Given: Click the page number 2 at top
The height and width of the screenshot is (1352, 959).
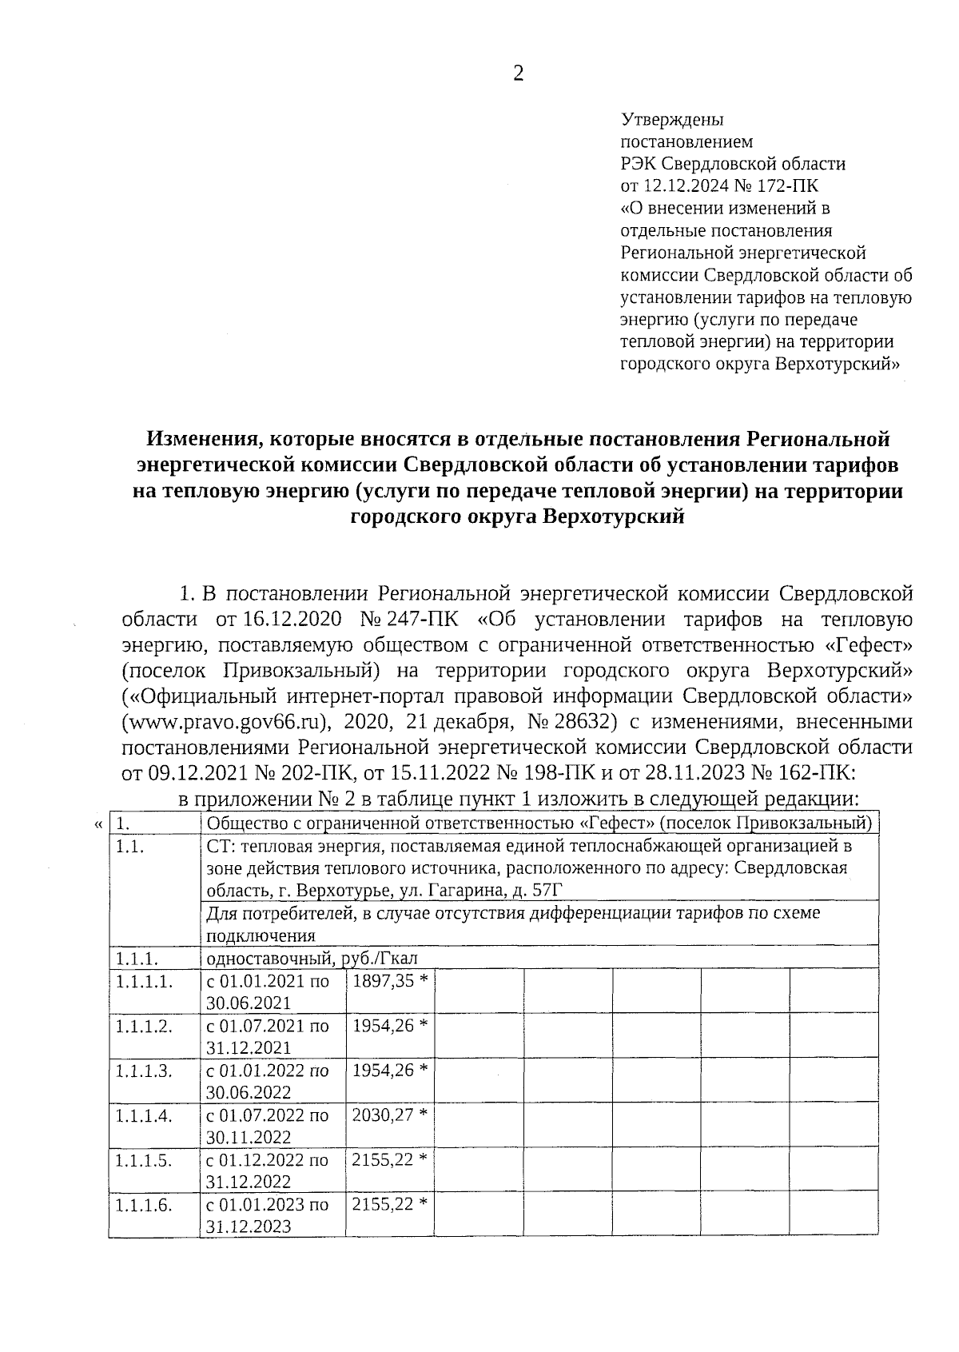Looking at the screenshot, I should [519, 74].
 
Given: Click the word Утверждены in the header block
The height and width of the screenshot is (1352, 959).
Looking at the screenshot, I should [672, 120].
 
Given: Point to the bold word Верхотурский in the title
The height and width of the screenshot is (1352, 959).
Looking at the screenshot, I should [614, 517].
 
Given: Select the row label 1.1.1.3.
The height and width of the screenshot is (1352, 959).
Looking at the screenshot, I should [144, 1071].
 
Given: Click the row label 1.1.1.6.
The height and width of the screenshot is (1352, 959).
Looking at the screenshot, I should [144, 1204].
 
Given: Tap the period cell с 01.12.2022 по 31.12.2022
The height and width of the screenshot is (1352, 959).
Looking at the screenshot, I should [268, 1171].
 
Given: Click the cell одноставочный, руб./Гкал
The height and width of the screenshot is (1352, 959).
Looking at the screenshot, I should [312, 958].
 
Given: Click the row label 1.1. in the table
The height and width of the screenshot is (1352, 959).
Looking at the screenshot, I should [129, 847].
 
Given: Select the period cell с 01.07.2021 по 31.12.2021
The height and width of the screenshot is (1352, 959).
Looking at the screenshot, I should [268, 1036].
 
